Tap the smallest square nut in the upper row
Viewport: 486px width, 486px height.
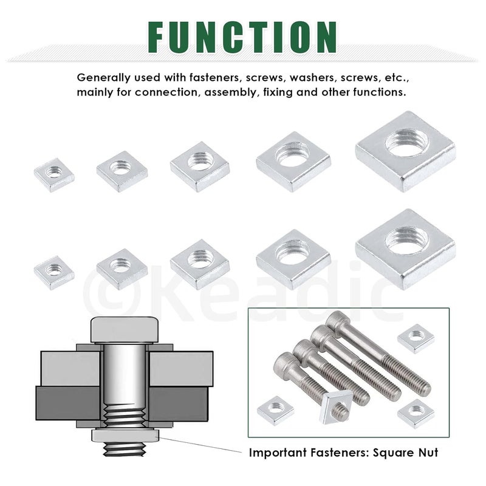(54, 174)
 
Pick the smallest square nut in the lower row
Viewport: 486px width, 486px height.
(54, 272)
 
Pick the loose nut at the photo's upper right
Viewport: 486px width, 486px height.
(416, 338)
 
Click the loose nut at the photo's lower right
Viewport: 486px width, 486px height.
(416, 414)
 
